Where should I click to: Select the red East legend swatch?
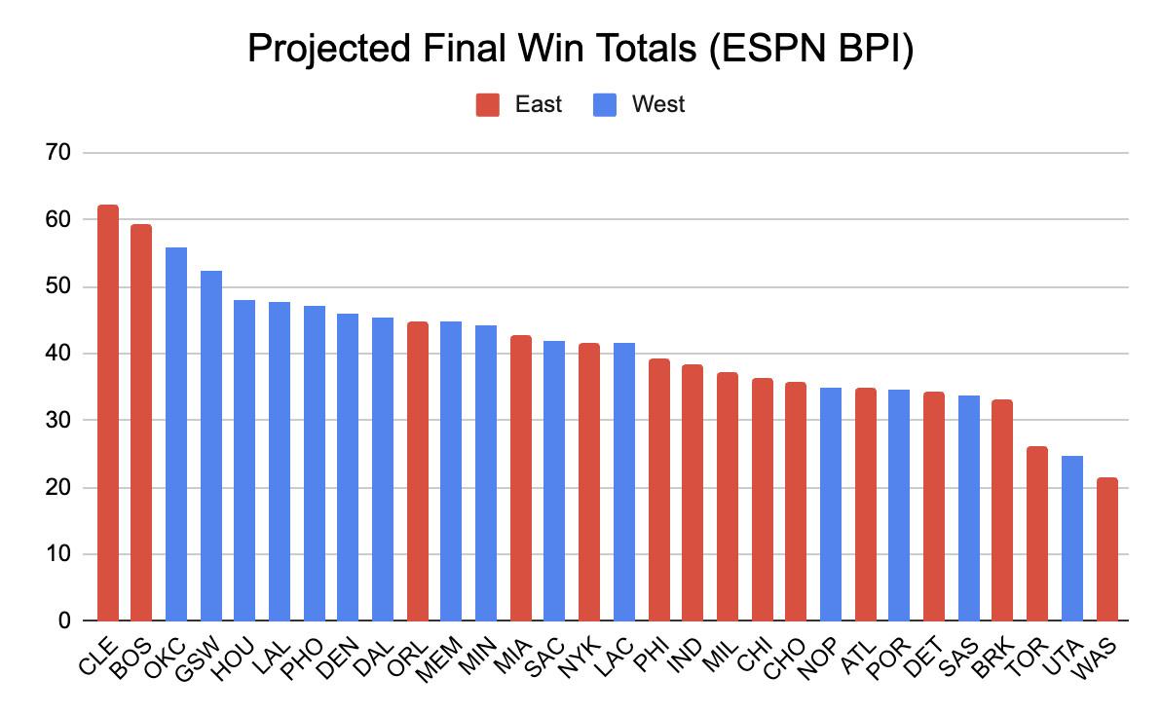[488, 104]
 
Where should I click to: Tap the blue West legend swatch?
[605, 104]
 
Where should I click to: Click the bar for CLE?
[108, 413]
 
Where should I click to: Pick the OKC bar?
[176, 434]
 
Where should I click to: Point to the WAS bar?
[1106, 549]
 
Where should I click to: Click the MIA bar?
[521, 478]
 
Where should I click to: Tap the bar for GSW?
[211, 446]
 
